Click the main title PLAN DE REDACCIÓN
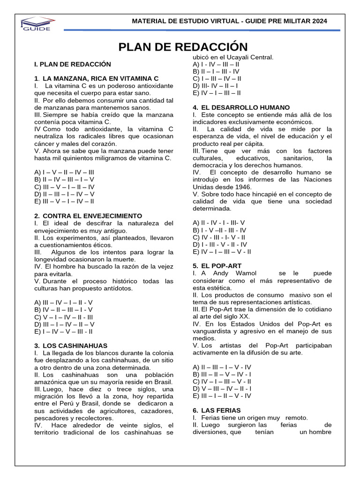(x=182, y=46)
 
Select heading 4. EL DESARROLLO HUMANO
(x=247, y=107)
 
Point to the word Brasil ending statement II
(x=163, y=382)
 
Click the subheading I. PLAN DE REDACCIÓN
(x=73, y=63)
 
